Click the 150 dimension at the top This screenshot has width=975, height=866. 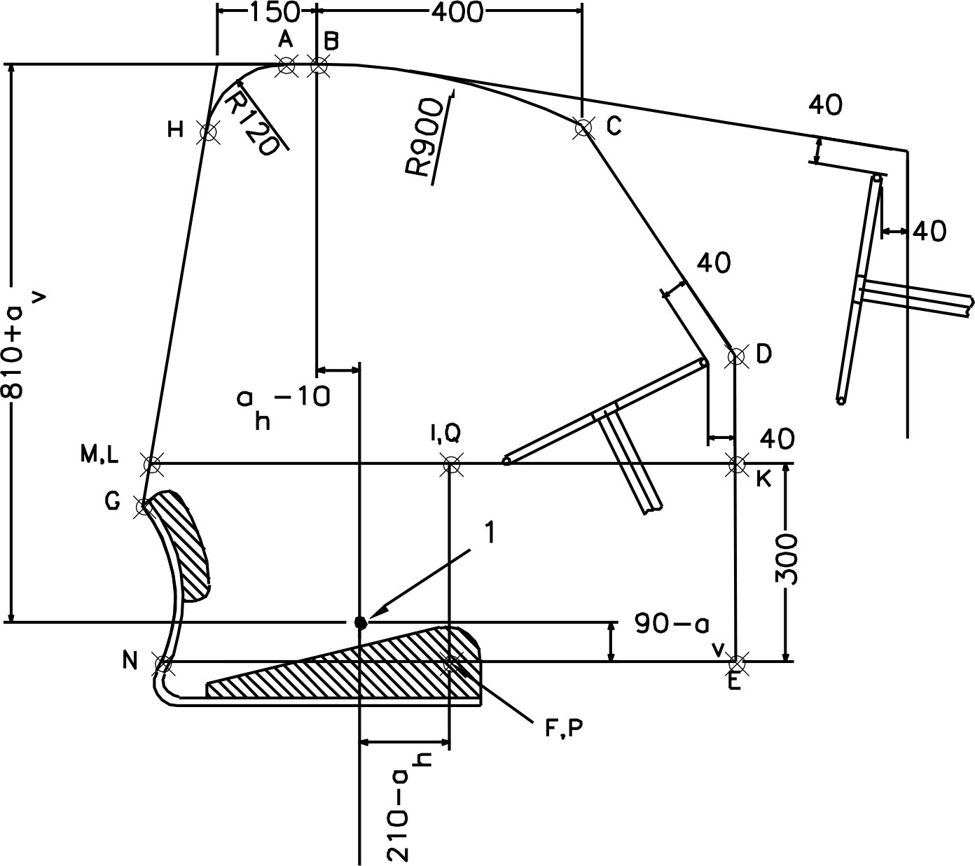point(267,11)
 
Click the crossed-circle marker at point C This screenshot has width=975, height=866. point(583,127)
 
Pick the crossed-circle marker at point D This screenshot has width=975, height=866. point(736,356)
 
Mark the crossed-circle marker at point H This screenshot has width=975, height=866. point(208,130)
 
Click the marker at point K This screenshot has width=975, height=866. point(736,463)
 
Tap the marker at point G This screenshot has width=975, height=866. point(144,506)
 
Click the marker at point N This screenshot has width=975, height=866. point(163,662)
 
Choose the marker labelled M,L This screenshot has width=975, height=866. point(152,463)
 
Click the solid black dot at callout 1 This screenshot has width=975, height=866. point(360,622)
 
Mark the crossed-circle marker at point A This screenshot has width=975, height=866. point(286,65)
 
